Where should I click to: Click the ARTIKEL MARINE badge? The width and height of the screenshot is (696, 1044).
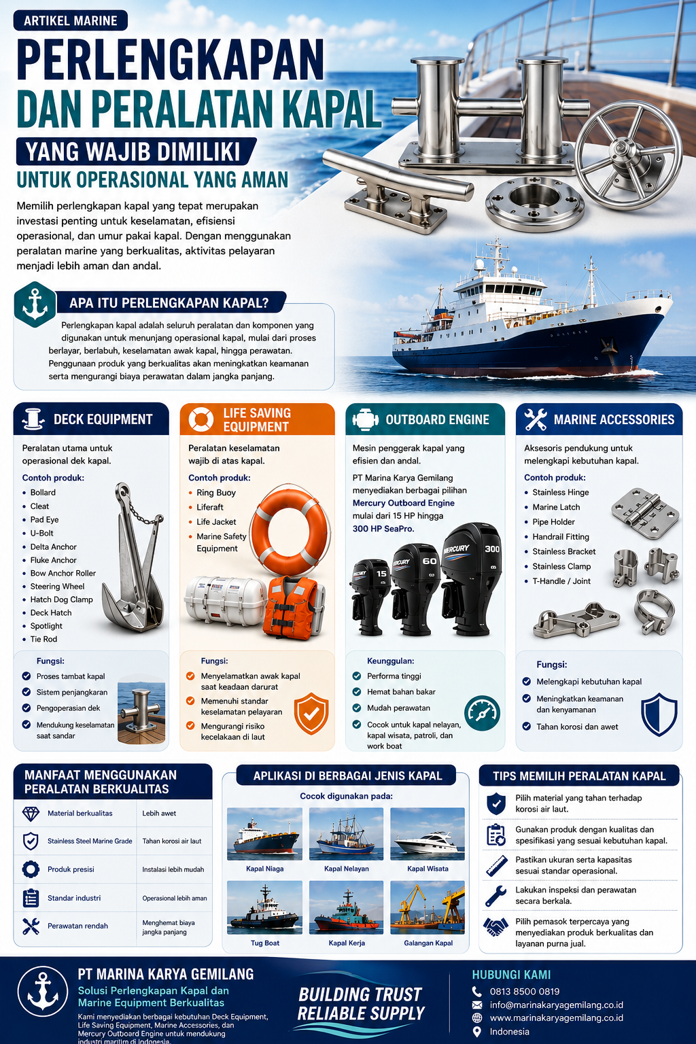coord(71,20)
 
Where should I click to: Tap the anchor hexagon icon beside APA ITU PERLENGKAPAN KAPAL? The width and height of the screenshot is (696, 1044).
coord(35,304)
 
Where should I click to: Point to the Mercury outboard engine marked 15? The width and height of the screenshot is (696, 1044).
coord(370,597)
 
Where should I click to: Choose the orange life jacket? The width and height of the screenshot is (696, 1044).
coord(292,607)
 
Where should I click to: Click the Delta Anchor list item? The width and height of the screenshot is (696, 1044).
coord(53,546)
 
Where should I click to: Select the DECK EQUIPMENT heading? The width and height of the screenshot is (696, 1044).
coord(103,419)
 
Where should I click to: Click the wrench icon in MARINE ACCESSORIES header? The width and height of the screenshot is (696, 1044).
coord(535,419)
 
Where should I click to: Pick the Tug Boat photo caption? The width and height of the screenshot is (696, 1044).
coord(265,943)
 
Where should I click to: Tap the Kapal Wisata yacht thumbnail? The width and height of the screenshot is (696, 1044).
coord(428,834)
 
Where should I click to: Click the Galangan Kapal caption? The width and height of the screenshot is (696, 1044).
coord(428,943)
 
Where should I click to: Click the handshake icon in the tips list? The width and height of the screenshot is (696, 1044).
coord(495,927)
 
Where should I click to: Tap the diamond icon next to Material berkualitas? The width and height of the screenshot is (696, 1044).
coord(31,814)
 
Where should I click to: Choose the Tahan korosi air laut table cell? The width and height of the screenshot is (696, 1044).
coord(172,841)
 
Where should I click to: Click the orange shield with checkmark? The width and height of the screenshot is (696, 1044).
coord(311,714)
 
